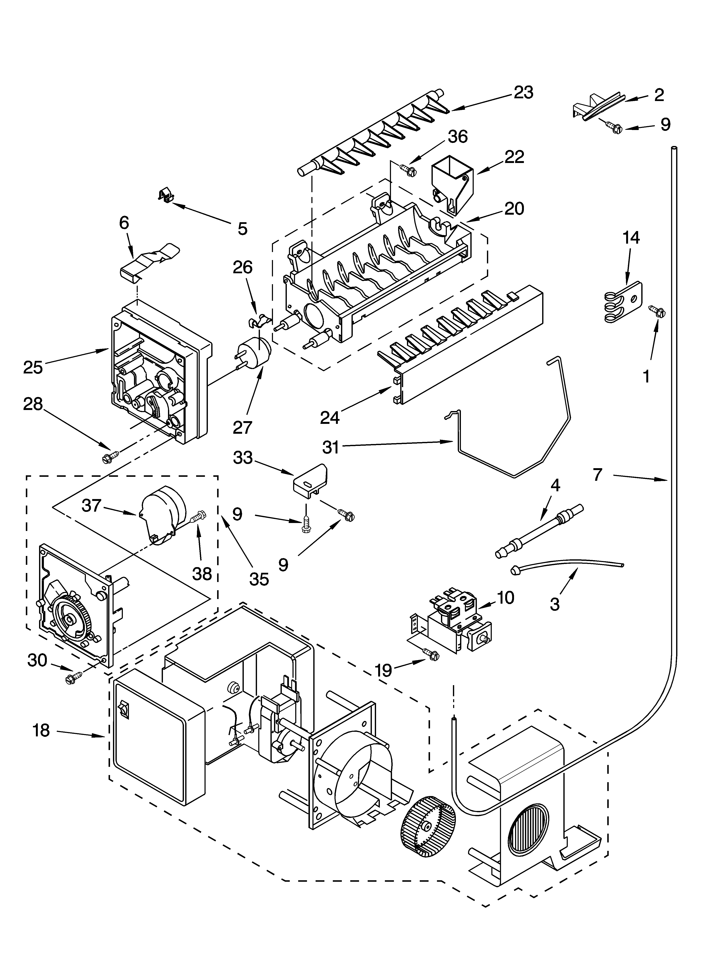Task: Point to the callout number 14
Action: pyautogui.click(x=631, y=238)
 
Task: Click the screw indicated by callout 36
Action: pyautogui.click(x=408, y=169)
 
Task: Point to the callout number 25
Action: pyautogui.click(x=33, y=367)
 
